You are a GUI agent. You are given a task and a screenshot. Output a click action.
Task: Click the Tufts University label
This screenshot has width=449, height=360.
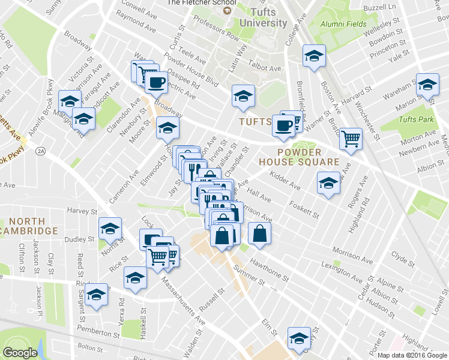pyautogui.click(x=263, y=17)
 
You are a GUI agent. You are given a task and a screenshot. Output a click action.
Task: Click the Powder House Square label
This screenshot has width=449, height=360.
pyautogui.click(x=300, y=157)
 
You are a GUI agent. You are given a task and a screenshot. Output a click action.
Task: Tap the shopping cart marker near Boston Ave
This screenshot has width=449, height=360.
pyautogui.click(x=351, y=139)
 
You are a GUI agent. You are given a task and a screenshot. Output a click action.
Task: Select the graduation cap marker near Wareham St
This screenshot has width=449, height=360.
pyautogui.click(x=427, y=85)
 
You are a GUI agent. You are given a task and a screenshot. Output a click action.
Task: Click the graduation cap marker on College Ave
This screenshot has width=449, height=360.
pyautogui.click(x=313, y=56)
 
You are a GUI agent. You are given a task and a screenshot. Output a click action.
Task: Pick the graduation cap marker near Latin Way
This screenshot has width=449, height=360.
pyautogui.click(x=243, y=95)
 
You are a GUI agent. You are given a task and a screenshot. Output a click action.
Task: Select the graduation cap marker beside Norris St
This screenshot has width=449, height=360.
pyautogui.click(x=110, y=228)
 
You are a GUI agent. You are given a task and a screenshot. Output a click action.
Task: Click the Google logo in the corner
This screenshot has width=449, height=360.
pyautogui.click(x=20, y=353)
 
